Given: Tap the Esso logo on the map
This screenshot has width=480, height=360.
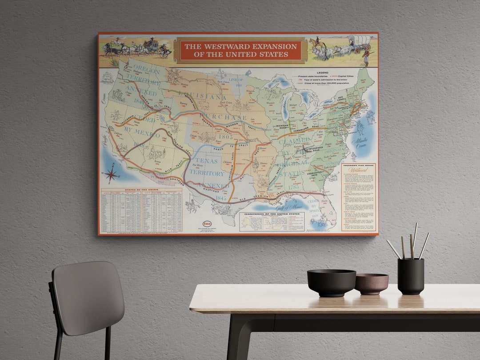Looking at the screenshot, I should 207,224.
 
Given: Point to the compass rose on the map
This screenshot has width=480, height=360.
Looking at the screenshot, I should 112,173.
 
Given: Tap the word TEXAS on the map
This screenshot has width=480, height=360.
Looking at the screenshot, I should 207,161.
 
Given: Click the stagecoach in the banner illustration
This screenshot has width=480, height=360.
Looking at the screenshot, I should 151,45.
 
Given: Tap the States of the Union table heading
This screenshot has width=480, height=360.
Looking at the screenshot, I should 141,189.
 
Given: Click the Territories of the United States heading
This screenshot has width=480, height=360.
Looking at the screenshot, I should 271,214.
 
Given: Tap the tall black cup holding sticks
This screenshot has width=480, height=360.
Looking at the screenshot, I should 411,276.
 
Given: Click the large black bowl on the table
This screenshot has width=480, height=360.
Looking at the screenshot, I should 331,282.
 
